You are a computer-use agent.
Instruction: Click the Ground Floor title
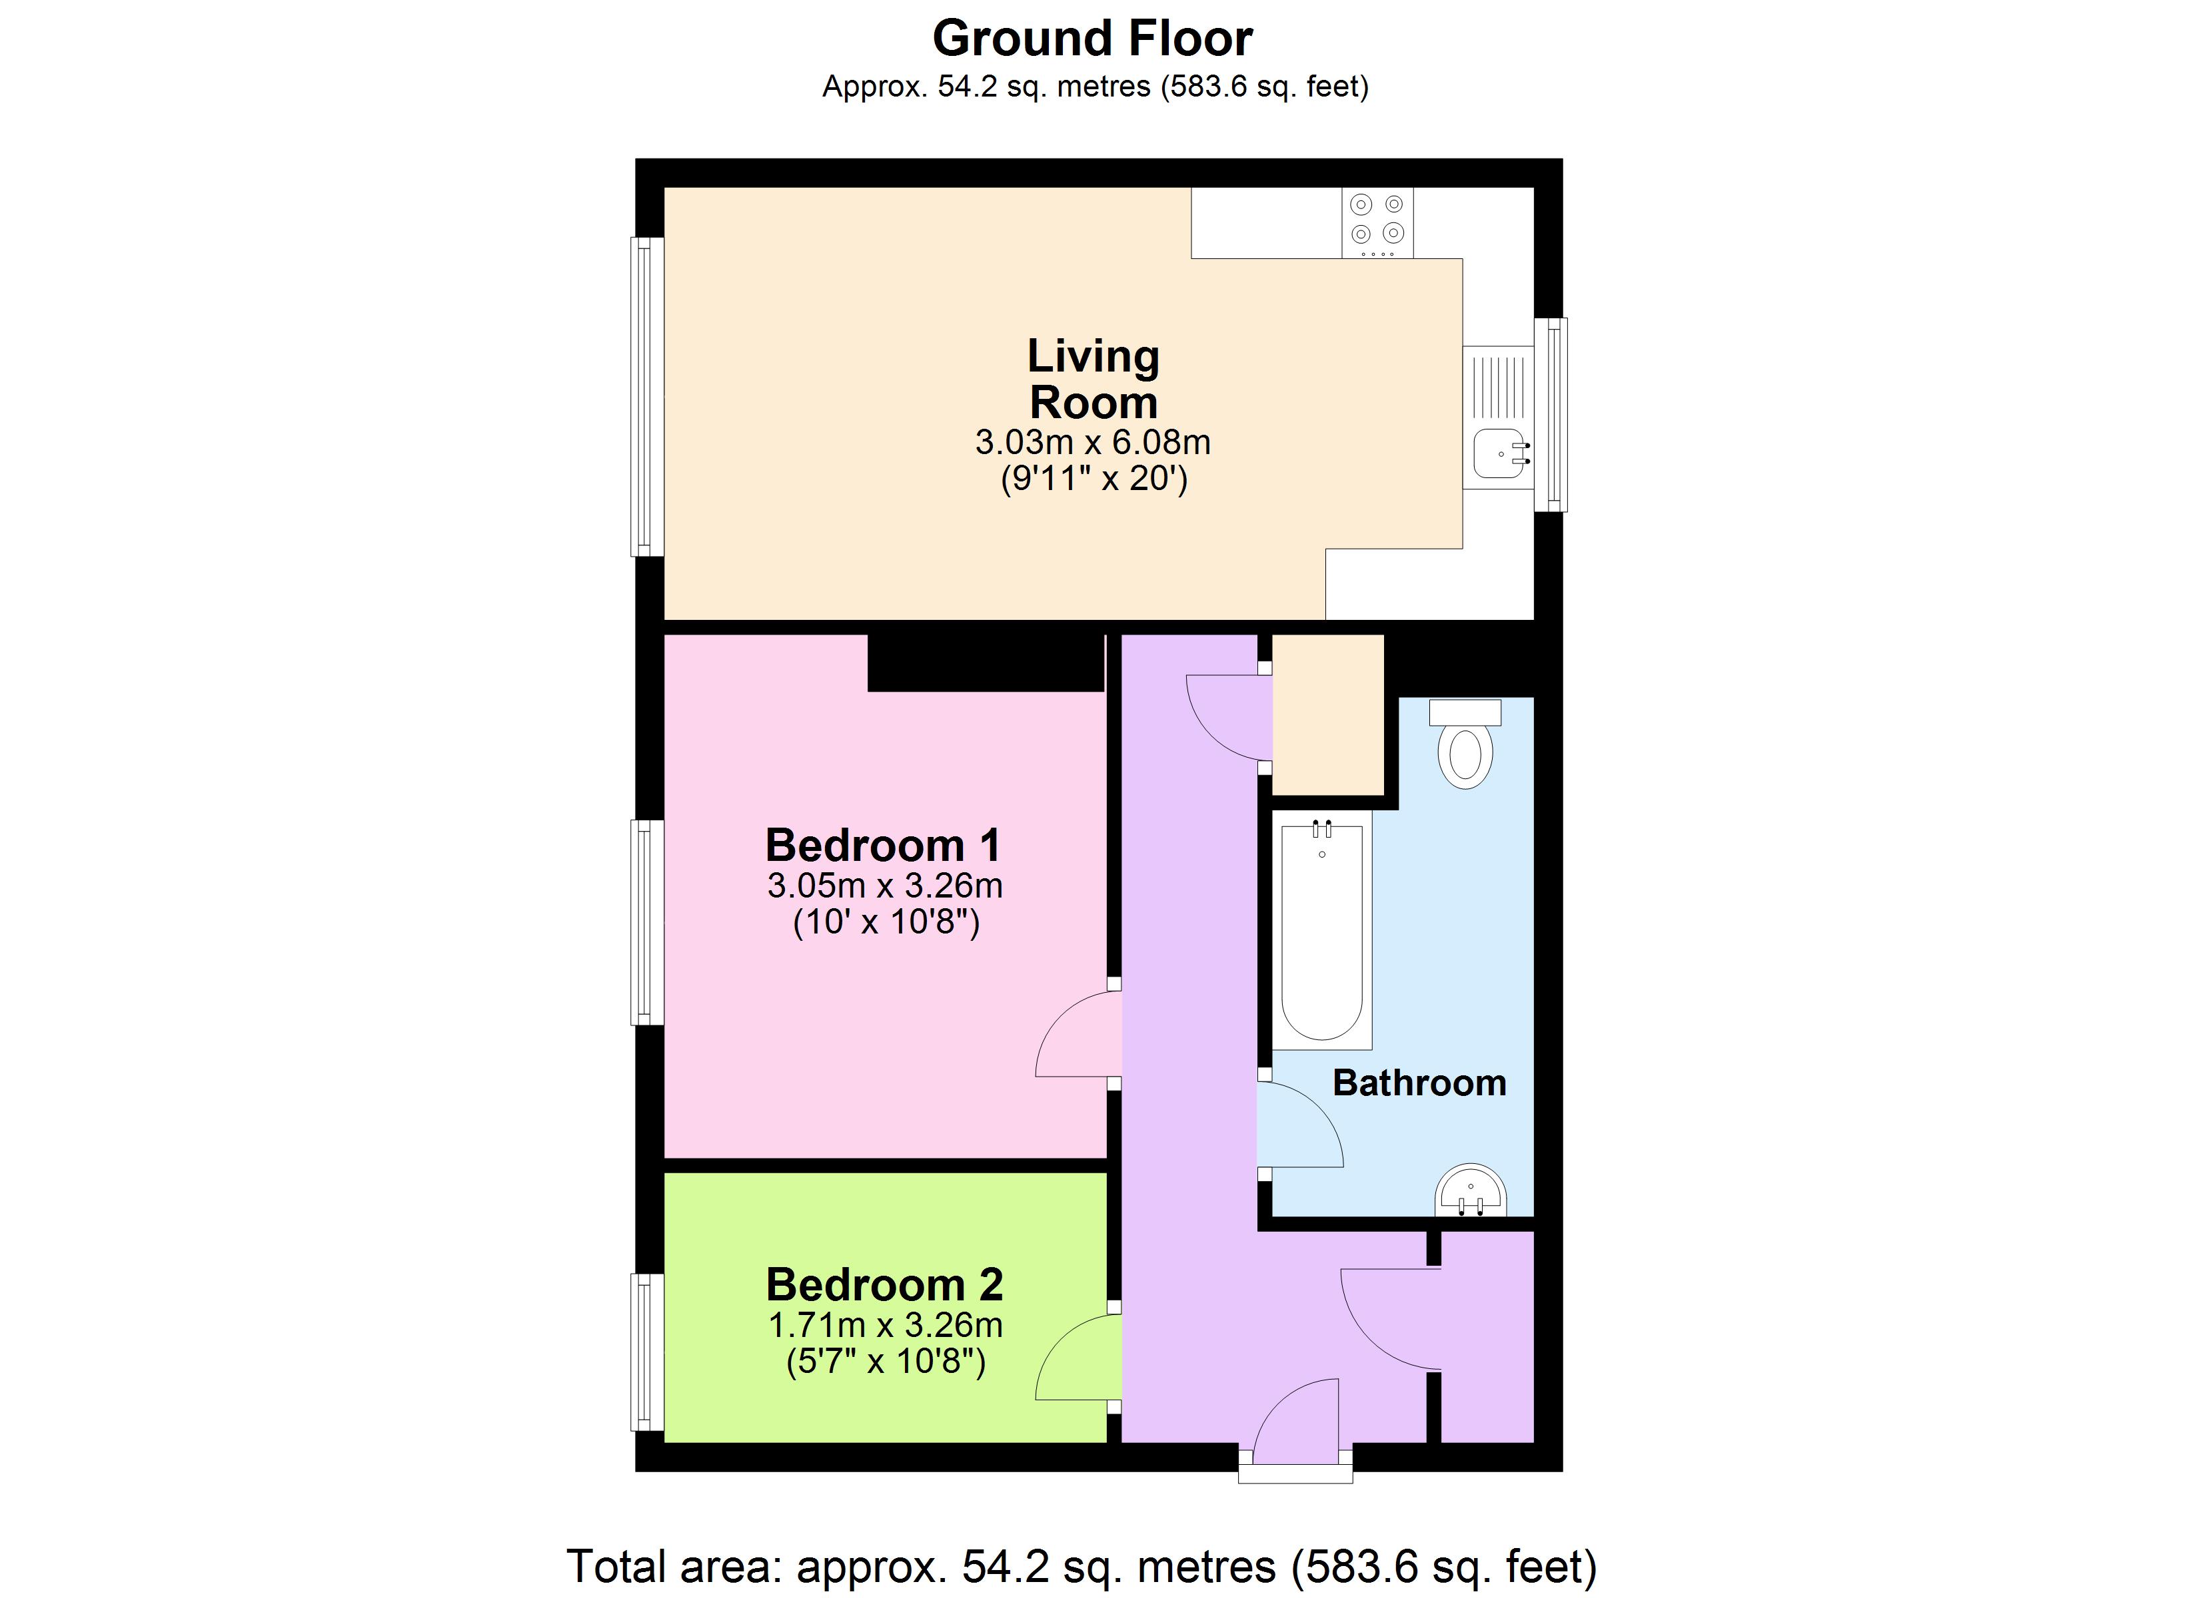1093,39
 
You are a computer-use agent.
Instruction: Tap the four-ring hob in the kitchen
1377,222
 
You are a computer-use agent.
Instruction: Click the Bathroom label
1419,1083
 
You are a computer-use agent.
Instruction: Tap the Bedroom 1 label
882,845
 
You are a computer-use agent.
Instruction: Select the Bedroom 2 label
884,1285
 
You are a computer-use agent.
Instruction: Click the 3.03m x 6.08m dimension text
1093,443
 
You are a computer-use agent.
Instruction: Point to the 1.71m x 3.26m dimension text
884,1325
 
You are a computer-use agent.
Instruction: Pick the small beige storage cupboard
1327,714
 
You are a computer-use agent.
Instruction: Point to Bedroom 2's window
648,1352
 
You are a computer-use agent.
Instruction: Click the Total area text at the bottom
1081,1566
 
